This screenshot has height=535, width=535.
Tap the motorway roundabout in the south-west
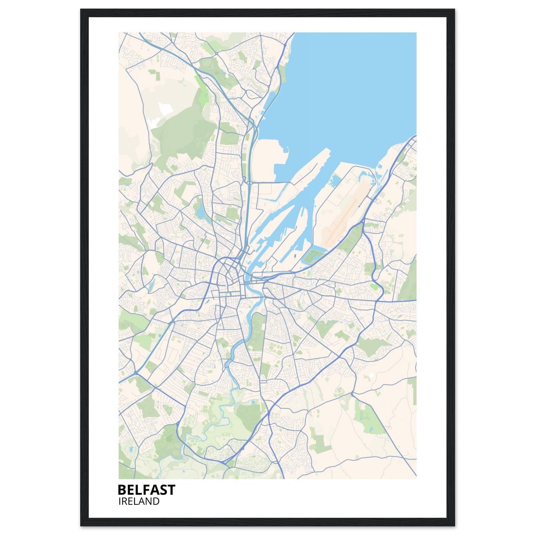[x=136, y=373]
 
